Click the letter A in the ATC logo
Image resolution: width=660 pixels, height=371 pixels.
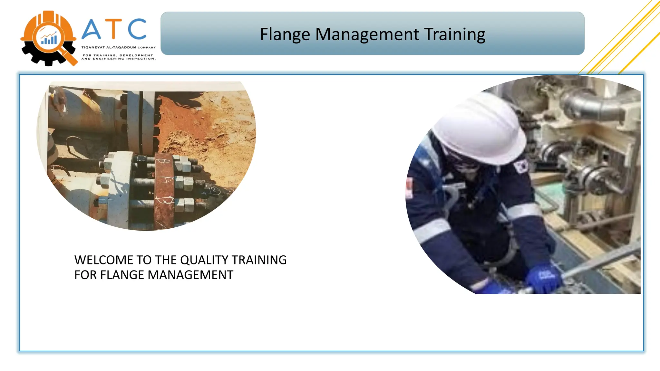pyautogui.click(x=92, y=30)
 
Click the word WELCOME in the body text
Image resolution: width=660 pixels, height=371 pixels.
pyautogui.click(x=104, y=260)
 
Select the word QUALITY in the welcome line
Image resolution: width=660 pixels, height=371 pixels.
pyautogui.click(x=204, y=260)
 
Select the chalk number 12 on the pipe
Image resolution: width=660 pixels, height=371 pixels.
pyautogui.click(x=212, y=190)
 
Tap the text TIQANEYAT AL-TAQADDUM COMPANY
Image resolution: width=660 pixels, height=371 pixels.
pyautogui.click(x=119, y=47)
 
